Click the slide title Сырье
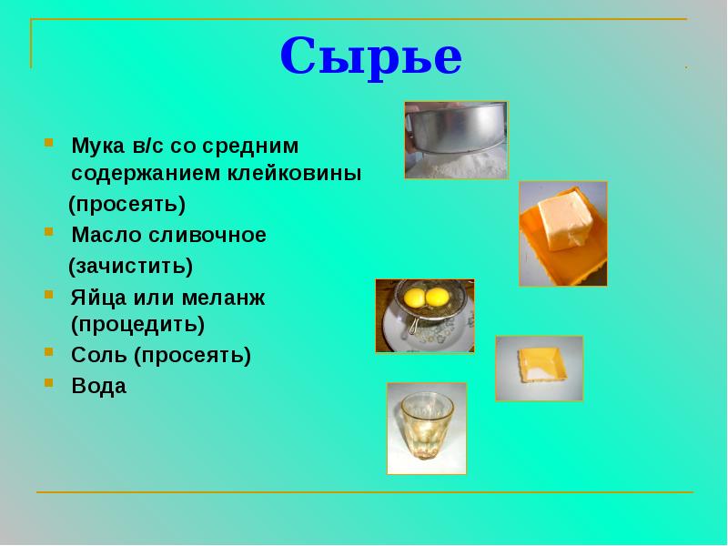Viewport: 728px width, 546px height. coord(370,57)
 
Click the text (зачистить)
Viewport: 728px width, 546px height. coord(131,266)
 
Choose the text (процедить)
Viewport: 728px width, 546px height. coord(137,324)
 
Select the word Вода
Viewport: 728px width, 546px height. coord(99,386)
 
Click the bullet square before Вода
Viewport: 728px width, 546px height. coord(47,383)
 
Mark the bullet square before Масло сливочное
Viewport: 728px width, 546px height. coord(47,232)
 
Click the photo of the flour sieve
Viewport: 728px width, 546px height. coord(455,139)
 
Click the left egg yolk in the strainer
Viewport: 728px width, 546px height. coord(413,297)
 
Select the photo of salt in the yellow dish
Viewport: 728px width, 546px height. coord(539,368)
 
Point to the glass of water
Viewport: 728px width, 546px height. coord(426,428)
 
